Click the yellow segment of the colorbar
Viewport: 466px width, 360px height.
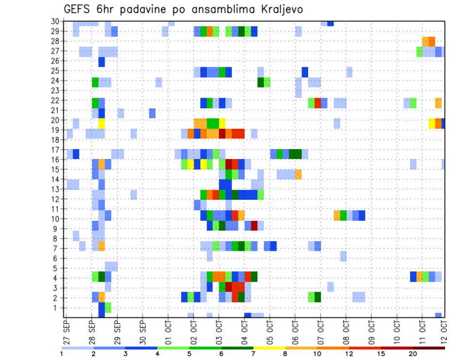pos(269,348)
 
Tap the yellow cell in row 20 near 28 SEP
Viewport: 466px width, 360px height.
pos(101,123)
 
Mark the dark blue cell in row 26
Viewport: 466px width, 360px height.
pos(101,62)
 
